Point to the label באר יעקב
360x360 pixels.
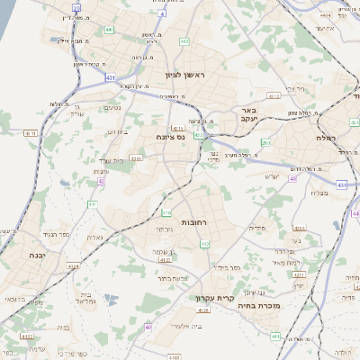[x=248, y=113]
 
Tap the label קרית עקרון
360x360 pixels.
[x=217, y=296]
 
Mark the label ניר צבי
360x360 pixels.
[x=290, y=92]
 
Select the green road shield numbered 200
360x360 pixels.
[x=265, y=142]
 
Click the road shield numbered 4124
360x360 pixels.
[x=72, y=266]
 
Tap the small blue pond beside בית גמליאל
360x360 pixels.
[x=107, y=298]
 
